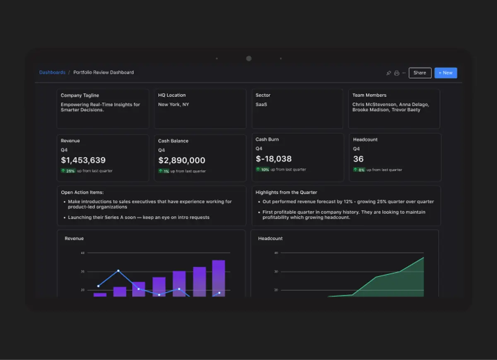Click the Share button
pyautogui.click(x=420, y=73)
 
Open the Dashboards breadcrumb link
pyautogui.click(x=52, y=72)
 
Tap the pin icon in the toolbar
pyautogui.click(x=388, y=73)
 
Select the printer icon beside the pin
pyautogui.click(x=396, y=73)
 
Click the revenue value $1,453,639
pyautogui.click(x=83, y=160)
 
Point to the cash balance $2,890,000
pyautogui.click(x=181, y=160)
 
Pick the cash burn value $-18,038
pyautogui.click(x=273, y=159)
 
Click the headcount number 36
pyautogui.click(x=358, y=159)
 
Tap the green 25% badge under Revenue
pyautogui.click(x=68, y=171)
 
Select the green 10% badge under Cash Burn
pyautogui.click(x=263, y=169)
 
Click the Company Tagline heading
pyautogui.click(x=80, y=95)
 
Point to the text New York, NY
pyautogui.click(x=173, y=105)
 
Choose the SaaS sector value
pyautogui.click(x=261, y=105)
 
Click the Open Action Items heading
pyautogui.click(x=82, y=192)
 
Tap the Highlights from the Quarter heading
pyautogui.click(x=286, y=192)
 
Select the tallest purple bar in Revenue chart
pyautogui.click(x=218, y=278)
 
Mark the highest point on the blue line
pyautogui.click(x=118, y=271)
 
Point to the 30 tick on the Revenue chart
pyautogui.click(x=82, y=272)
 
